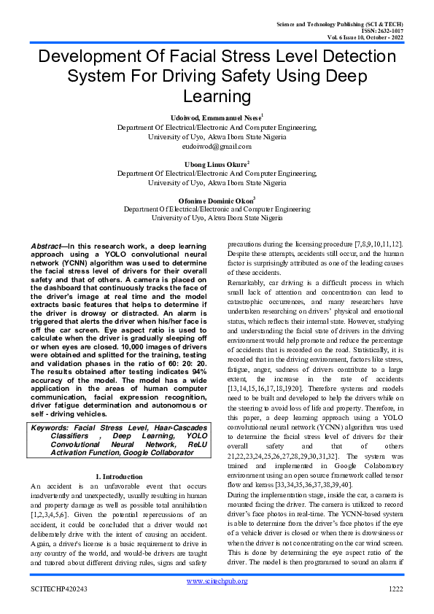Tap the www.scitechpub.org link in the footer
(217, 580)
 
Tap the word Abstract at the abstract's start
(50, 246)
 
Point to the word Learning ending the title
(217, 96)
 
